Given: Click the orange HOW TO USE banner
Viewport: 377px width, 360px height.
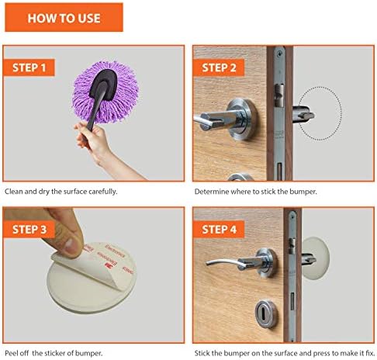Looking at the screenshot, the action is click(x=64, y=17).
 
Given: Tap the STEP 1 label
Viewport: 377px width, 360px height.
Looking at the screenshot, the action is click(x=29, y=67).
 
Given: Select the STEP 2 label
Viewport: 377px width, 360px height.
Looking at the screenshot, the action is click(x=219, y=67).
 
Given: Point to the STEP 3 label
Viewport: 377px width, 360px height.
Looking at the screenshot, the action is click(x=29, y=230).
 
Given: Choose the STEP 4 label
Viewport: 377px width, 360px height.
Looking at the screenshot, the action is click(x=219, y=230).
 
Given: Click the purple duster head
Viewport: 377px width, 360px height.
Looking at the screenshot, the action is click(x=105, y=92).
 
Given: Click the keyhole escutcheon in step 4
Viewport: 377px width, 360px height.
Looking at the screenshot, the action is click(x=265, y=314).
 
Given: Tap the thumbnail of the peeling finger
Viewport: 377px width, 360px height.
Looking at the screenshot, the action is click(x=74, y=246).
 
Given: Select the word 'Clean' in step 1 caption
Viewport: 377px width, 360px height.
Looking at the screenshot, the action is click(x=14, y=192).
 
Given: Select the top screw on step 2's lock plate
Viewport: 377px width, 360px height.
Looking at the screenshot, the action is click(x=279, y=54).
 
